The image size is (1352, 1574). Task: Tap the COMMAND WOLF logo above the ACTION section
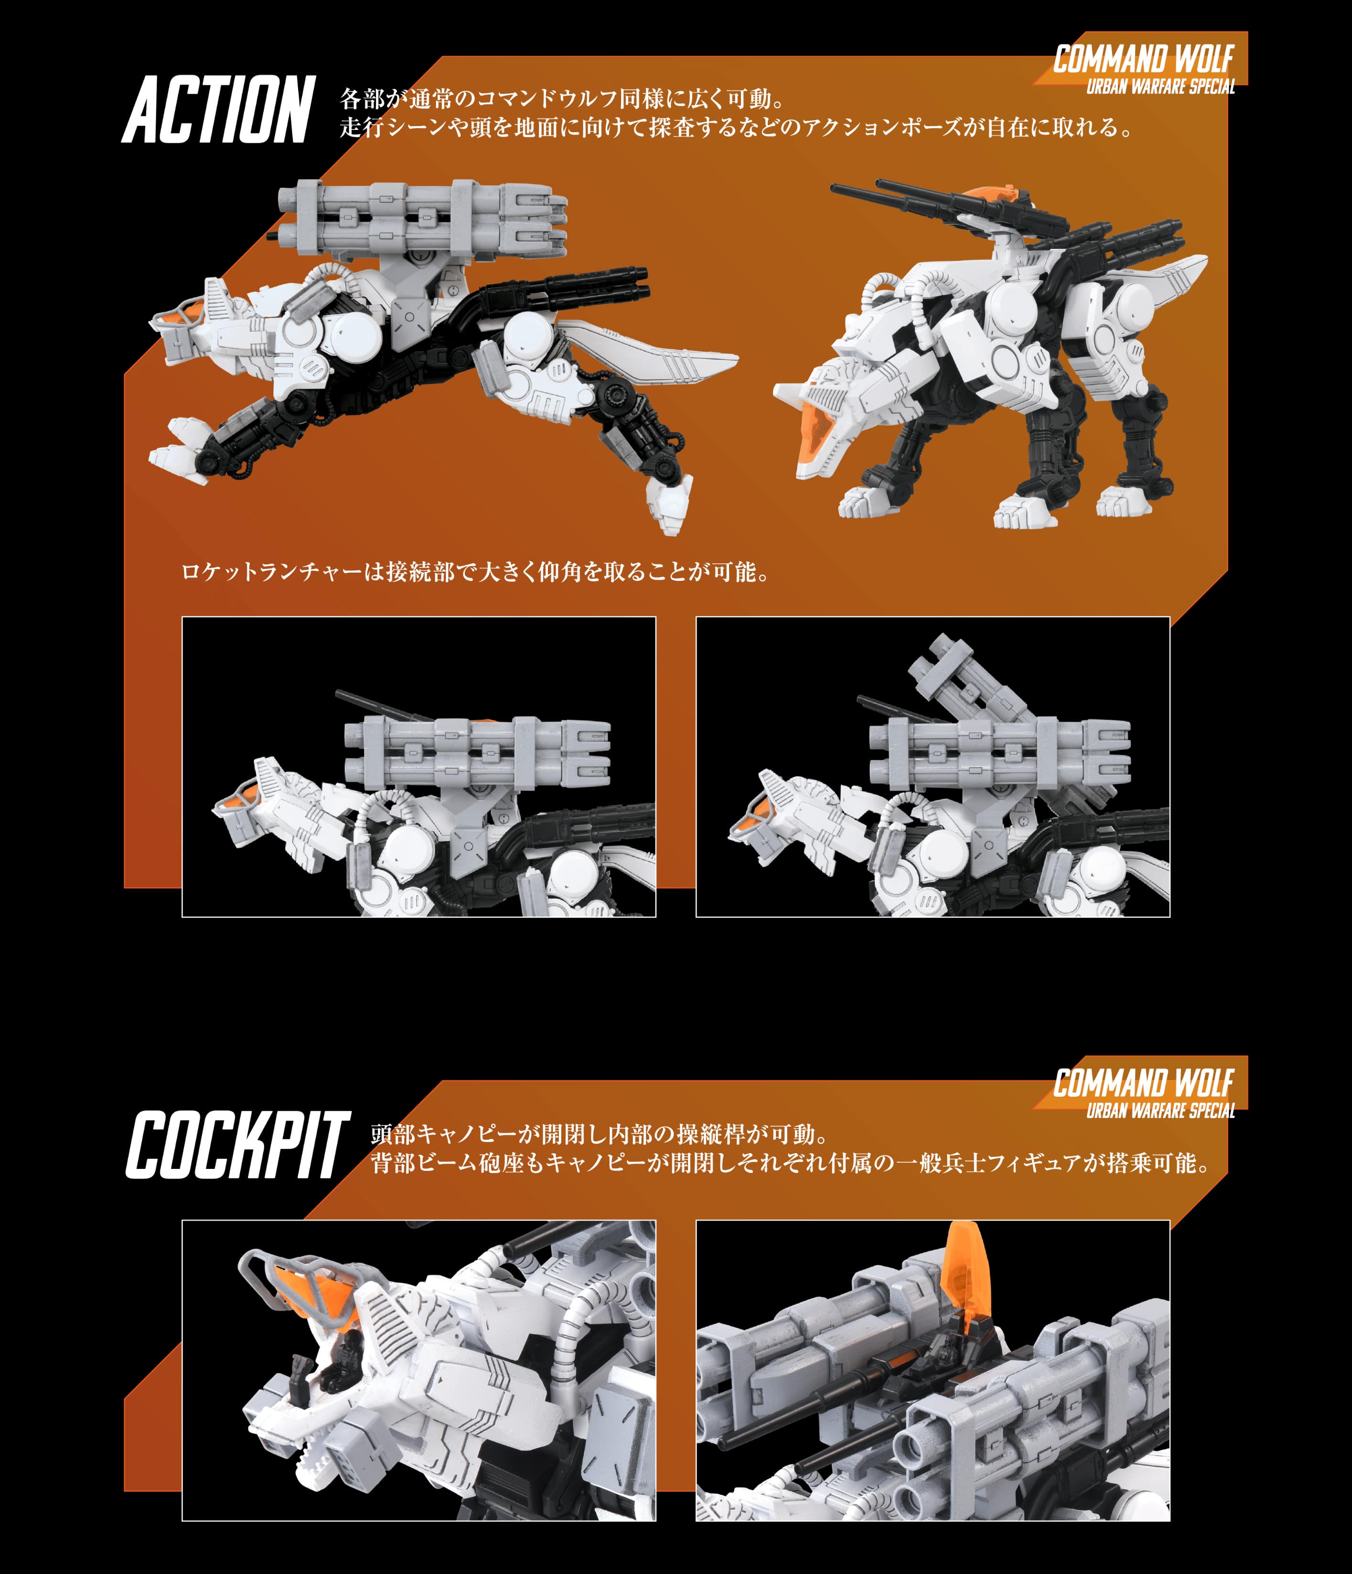pyautogui.click(x=1143, y=59)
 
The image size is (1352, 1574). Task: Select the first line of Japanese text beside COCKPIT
pyautogui.click(x=599, y=1134)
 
